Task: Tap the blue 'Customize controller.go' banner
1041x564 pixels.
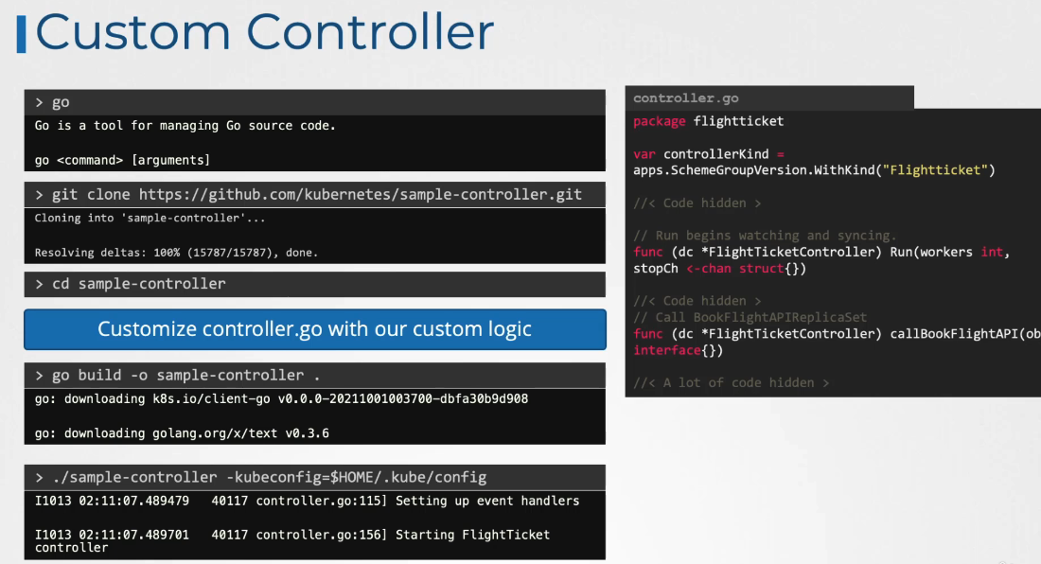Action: pos(314,329)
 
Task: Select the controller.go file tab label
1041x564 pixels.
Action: pos(686,97)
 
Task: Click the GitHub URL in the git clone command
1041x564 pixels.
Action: pos(361,194)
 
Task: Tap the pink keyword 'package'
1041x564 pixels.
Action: pos(660,121)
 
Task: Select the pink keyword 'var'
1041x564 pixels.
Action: pos(644,154)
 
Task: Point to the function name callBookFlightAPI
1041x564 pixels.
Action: pos(957,334)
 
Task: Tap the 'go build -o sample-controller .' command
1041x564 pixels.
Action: pos(178,375)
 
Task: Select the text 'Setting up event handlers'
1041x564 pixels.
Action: pos(487,501)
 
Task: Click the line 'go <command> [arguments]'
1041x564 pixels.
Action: pos(122,160)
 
